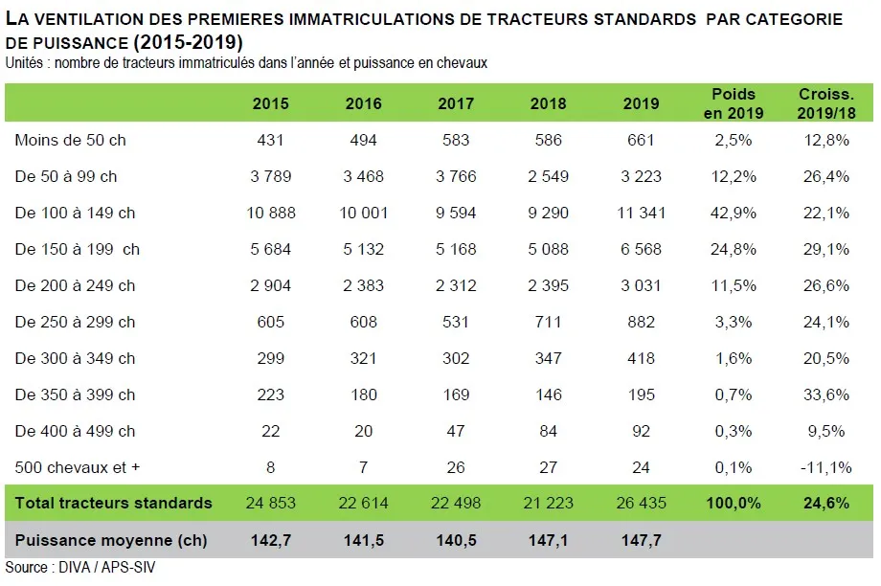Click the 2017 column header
point(455,103)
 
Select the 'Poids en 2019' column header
point(734,103)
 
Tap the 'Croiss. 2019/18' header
point(826,103)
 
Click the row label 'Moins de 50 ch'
point(71,140)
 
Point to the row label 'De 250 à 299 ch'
point(76,322)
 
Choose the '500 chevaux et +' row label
point(78,467)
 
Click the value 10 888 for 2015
point(270,213)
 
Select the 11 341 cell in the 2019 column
point(641,213)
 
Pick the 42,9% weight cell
point(734,213)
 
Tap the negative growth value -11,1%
point(826,467)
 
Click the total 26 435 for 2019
point(641,503)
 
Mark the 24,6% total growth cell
point(826,503)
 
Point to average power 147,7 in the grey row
point(641,540)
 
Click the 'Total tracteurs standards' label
point(113,503)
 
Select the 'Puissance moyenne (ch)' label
point(111,540)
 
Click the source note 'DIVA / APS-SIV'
point(104,567)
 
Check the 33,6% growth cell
point(826,394)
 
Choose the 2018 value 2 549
point(548,176)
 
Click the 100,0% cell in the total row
point(734,503)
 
